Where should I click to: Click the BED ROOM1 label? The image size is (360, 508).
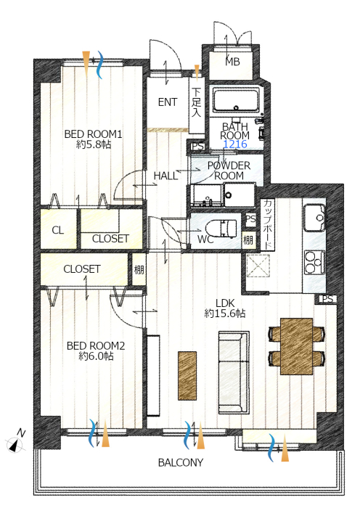pyautogui.click(x=93, y=134)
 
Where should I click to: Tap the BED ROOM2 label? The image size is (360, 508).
pyautogui.click(x=96, y=345)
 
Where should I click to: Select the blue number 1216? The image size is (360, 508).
pyautogui.click(x=235, y=144)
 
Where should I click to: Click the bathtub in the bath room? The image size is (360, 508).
pyautogui.click(x=236, y=99)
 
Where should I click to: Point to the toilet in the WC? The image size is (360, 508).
pyautogui.click(x=226, y=227)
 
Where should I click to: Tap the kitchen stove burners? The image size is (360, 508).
pyautogui.click(x=314, y=263)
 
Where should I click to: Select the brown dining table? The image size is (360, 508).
pyautogui.click(x=296, y=346)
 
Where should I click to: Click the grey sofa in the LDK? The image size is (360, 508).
pyautogui.click(x=234, y=372)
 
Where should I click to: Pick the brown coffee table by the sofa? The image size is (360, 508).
pyautogui.click(x=187, y=375)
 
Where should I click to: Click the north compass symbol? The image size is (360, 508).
pyautogui.click(x=16, y=443)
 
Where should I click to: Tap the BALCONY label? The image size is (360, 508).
pyautogui.click(x=181, y=462)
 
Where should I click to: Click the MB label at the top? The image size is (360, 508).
pyautogui.click(x=233, y=61)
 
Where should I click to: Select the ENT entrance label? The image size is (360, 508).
pyautogui.click(x=168, y=102)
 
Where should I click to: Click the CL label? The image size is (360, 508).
pyautogui.click(x=57, y=230)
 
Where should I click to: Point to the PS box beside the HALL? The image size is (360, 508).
pyautogui.click(x=197, y=147)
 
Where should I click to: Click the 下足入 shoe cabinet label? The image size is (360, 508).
pyautogui.click(x=197, y=102)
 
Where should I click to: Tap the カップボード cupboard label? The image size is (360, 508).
pyautogui.click(x=268, y=224)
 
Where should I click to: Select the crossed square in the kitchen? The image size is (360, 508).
pyautogui.click(x=258, y=266)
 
